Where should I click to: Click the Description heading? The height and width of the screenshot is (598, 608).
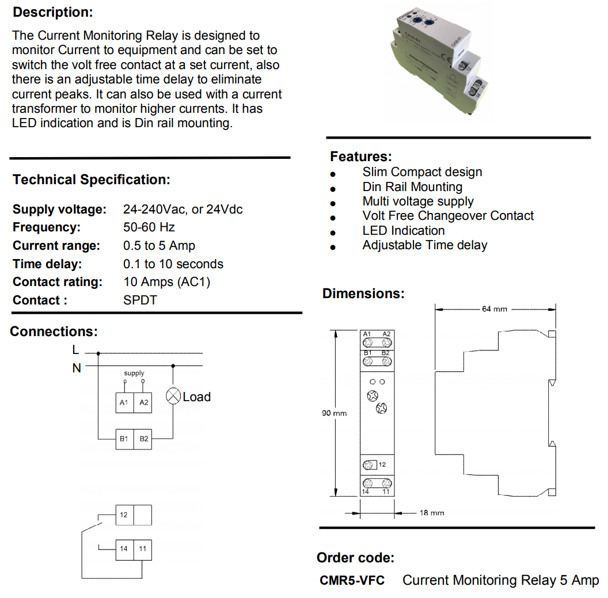[x=52, y=12]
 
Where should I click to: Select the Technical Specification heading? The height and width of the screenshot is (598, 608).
[x=92, y=180]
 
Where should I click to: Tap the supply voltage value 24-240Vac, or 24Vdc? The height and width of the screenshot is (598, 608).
[x=183, y=210]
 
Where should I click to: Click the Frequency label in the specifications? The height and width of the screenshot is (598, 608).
[x=47, y=227]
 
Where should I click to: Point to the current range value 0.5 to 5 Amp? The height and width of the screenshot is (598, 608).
[x=159, y=246]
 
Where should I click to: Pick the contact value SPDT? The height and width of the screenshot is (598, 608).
[x=140, y=300]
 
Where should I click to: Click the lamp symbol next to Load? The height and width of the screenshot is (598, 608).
[x=173, y=396]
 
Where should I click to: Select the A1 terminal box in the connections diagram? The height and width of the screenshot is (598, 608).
[x=124, y=403]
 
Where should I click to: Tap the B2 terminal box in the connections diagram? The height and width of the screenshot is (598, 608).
[x=144, y=439]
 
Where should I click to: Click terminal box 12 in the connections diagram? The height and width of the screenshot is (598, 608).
[x=124, y=515]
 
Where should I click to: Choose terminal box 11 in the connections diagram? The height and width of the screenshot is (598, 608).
[x=143, y=549]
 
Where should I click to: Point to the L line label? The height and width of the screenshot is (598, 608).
[x=75, y=349]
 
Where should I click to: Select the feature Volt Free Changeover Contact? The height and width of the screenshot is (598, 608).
[x=448, y=216]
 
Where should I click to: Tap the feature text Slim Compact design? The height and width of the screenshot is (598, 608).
[x=422, y=172]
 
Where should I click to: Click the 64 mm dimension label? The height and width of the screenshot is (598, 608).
[x=494, y=309]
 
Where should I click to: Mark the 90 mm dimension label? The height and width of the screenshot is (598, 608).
[x=335, y=413]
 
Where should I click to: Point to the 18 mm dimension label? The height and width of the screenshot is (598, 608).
[x=431, y=513]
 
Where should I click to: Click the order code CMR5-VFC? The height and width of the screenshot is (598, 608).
[x=352, y=580]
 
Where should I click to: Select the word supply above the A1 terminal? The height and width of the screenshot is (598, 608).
[x=134, y=374]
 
